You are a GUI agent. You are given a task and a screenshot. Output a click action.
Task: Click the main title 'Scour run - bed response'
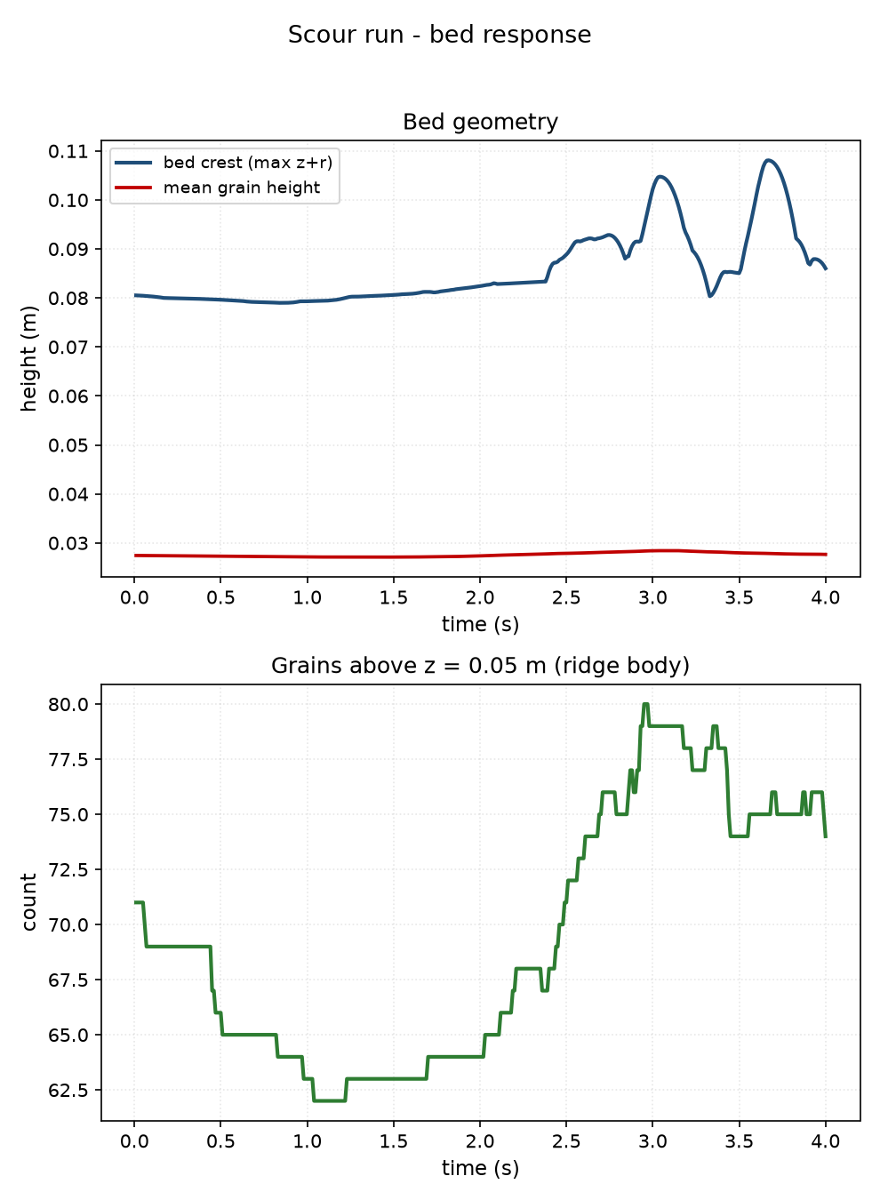(439, 36)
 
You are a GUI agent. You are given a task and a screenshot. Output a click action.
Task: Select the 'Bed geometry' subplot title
(480, 122)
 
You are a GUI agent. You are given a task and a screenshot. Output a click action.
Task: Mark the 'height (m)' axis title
(29, 358)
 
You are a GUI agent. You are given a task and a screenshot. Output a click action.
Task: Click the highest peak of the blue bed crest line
(769, 160)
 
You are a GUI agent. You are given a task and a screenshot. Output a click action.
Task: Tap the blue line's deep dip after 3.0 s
(710, 296)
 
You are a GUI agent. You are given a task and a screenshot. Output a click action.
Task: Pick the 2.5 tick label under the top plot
(566, 598)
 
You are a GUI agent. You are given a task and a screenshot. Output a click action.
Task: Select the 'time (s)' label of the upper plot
(480, 625)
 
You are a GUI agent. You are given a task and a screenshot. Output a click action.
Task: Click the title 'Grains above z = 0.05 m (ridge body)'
(480, 666)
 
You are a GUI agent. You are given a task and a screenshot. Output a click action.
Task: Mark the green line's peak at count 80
(645, 704)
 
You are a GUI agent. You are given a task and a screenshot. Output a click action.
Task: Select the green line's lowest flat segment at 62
(329, 1101)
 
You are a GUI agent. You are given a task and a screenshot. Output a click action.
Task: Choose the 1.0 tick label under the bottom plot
(307, 1141)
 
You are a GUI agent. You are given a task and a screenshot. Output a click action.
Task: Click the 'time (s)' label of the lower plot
(480, 1168)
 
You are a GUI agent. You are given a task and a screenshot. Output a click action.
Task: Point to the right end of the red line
(826, 555)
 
